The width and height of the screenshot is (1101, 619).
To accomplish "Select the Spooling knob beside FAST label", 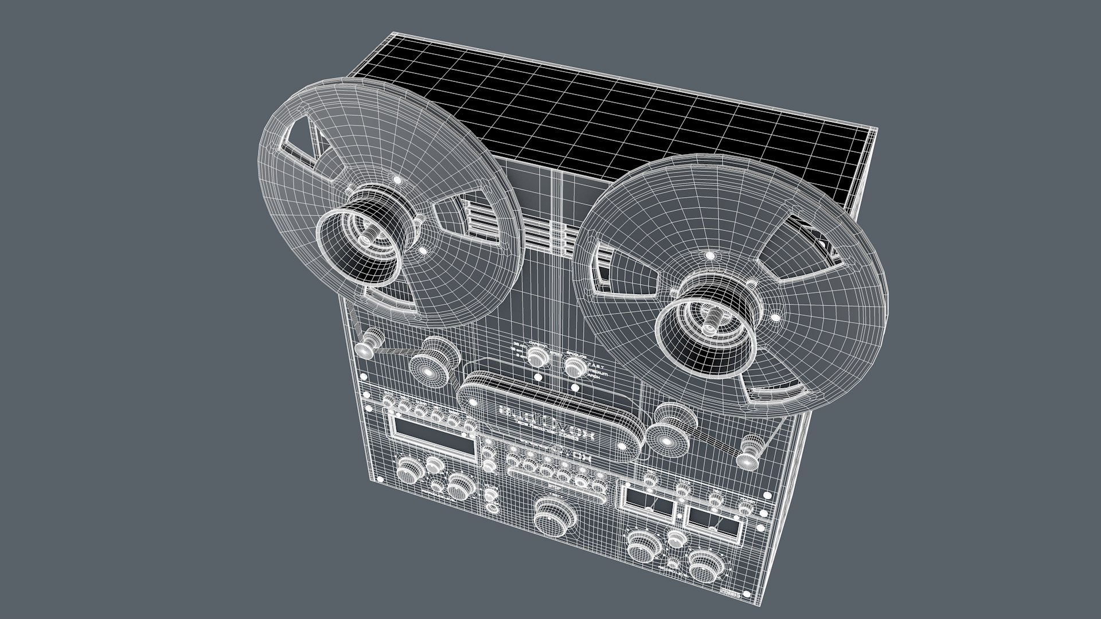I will pyautogui.click(x=573, y=365).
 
